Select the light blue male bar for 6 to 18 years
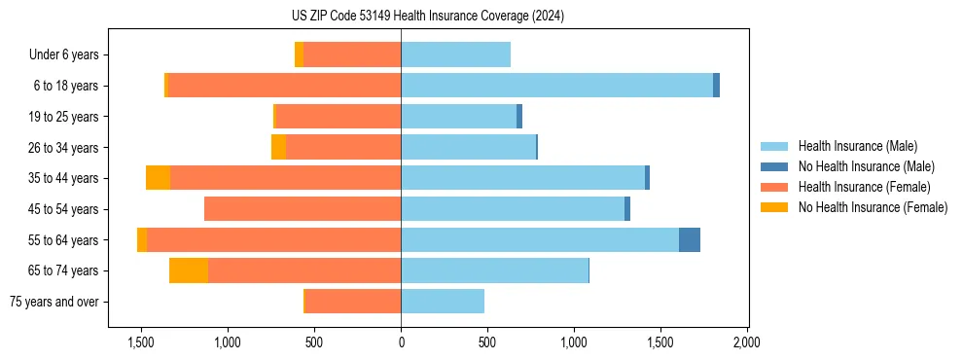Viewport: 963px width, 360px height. point(556,86)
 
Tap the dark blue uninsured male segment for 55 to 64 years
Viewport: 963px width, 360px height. point(690,240)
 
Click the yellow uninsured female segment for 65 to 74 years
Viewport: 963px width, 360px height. point(189,270)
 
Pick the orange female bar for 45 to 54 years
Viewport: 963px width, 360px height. point(303,209)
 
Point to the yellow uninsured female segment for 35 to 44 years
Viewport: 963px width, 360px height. point(158,178)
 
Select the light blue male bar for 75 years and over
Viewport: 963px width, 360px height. point(443,302)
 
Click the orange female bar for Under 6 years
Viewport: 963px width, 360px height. point(352,54)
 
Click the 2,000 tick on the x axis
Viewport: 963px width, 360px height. point(747,342)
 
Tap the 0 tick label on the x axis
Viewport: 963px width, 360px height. point(401,342)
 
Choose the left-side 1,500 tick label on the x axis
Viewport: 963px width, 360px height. point(141,342)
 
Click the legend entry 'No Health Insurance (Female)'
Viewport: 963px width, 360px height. point(873,207)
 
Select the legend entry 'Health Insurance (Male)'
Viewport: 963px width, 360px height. point(858,146)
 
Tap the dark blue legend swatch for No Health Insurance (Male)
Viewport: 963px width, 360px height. point(774,166)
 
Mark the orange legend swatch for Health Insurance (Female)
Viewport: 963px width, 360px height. point(774,187)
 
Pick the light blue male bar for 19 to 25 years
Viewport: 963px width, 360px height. point(458,117)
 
